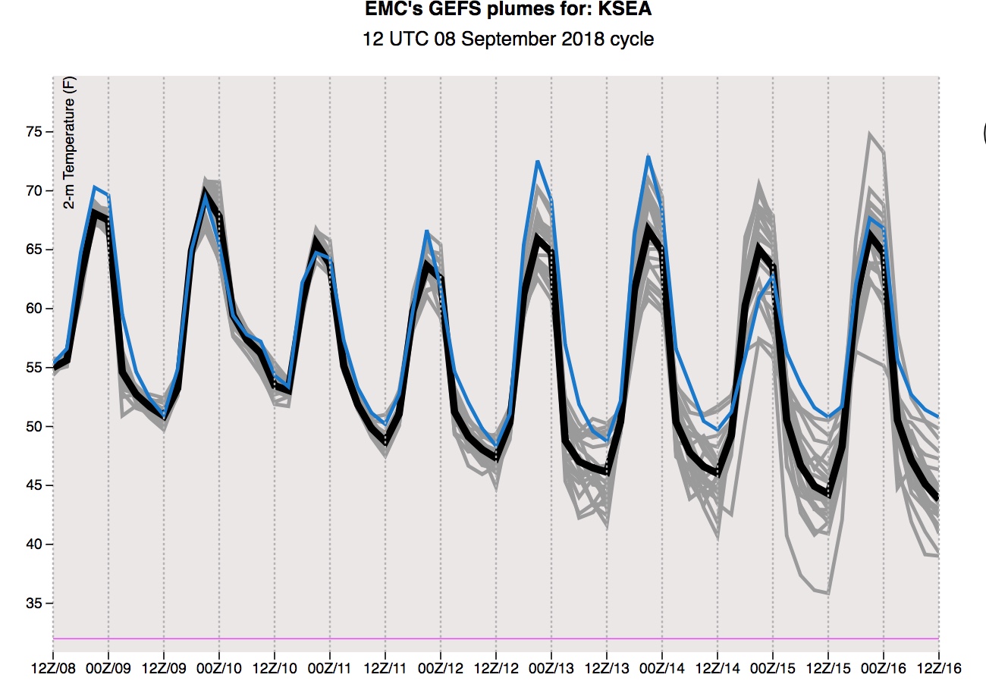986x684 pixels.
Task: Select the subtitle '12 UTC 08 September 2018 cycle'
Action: pos(508,38)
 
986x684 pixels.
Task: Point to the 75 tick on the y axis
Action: pos(32,133)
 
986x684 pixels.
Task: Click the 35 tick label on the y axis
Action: pos(32,604)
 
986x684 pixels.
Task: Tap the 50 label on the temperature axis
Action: pos(32,427)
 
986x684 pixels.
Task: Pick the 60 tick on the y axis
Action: pos(32,309)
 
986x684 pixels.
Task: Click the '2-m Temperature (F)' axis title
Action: pos(69,143)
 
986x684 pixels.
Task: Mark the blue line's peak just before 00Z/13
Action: pos(537,161)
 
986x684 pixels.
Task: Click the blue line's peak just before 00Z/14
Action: pos(648,156)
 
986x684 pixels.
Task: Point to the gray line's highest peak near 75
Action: pos(870,133)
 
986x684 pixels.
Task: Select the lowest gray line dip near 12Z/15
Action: pos(827,593)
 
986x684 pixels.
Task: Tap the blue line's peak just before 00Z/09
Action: pos(94,187)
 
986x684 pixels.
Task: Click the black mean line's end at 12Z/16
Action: pos(938,497)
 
